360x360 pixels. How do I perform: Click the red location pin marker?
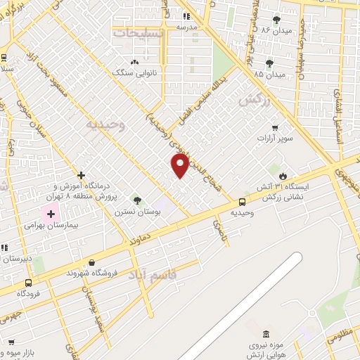(180, 165)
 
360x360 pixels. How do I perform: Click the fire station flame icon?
(283, 175)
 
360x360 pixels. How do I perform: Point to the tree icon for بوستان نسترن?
(137, 200)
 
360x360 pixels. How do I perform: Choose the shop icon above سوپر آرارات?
(275, 128)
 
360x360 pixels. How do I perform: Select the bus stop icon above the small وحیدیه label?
(243, 202)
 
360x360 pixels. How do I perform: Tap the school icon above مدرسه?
(186, 15)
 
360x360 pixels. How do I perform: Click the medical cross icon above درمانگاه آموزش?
(82, 174)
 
